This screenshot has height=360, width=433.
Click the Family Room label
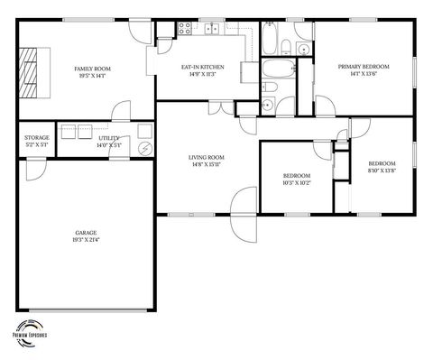(x=92, y=69)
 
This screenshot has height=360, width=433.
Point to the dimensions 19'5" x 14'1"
(x=92, y=77)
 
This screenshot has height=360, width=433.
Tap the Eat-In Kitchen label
(x=203, y=67)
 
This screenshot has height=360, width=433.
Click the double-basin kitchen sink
(x=212, y=29)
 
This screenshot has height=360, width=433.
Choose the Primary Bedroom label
(x=364, y=67)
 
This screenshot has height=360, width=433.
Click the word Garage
(x=86, y=233)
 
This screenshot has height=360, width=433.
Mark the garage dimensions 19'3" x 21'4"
(x=86, y=240)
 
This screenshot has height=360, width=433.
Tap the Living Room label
(x=206, y=157)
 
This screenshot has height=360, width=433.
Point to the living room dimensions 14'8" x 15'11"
(x=206, y=165)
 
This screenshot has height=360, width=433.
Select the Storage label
(x=37, y=137)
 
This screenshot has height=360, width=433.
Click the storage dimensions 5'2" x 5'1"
(x=37, y=144)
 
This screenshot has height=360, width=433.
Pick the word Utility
(x=108, y=137)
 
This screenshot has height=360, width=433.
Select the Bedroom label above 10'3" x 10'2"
(x=297, y=175)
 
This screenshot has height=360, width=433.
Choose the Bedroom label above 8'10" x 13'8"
(x=382, y=163)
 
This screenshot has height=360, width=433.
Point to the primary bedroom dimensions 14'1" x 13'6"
(x=364, y=75)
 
